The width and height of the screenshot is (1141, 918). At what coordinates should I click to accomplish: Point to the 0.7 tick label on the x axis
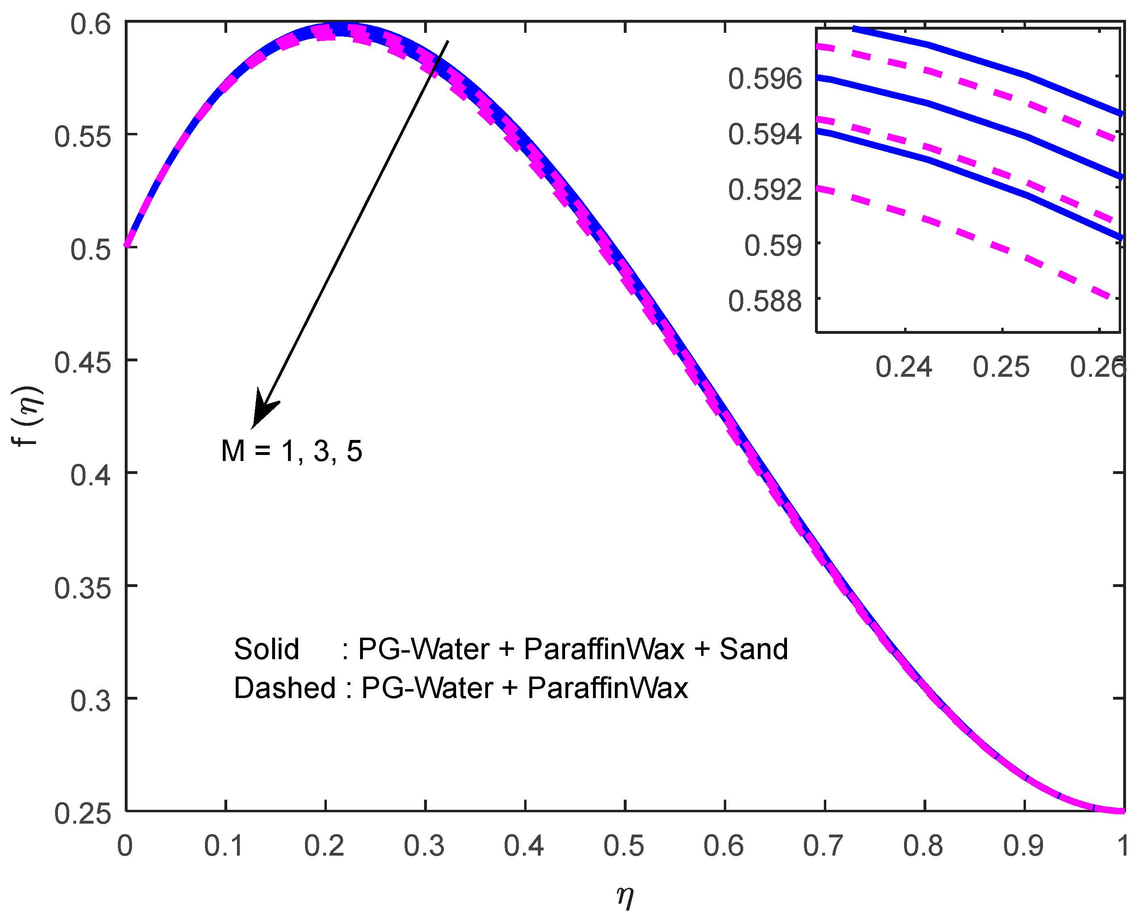tap(823, 846)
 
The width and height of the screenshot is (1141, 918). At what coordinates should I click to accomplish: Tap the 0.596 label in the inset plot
tap(765, 79)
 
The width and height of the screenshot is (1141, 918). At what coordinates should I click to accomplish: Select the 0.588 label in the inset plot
tap(765, 302)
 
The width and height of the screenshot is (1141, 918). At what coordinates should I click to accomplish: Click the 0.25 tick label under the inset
tap(1001, 367)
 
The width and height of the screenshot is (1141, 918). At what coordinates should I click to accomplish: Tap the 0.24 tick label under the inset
tap(903, 367)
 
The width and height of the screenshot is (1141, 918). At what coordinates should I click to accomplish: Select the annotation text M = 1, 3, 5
tap(292, 451)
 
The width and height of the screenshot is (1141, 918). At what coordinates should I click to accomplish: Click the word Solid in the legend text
tap(266, 649)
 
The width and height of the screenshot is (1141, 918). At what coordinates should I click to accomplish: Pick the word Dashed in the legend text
tap(285, 688)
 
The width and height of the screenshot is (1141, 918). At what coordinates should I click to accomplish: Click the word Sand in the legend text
tap(753, 649)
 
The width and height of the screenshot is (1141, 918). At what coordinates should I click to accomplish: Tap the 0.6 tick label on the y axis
tap(90, 24)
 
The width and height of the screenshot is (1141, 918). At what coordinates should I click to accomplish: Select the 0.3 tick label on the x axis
tap(424, 846)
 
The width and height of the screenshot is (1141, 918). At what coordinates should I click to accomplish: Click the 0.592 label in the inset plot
tap(765, 190)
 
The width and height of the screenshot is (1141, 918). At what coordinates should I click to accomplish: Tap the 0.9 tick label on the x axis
tap(1023, 846)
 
